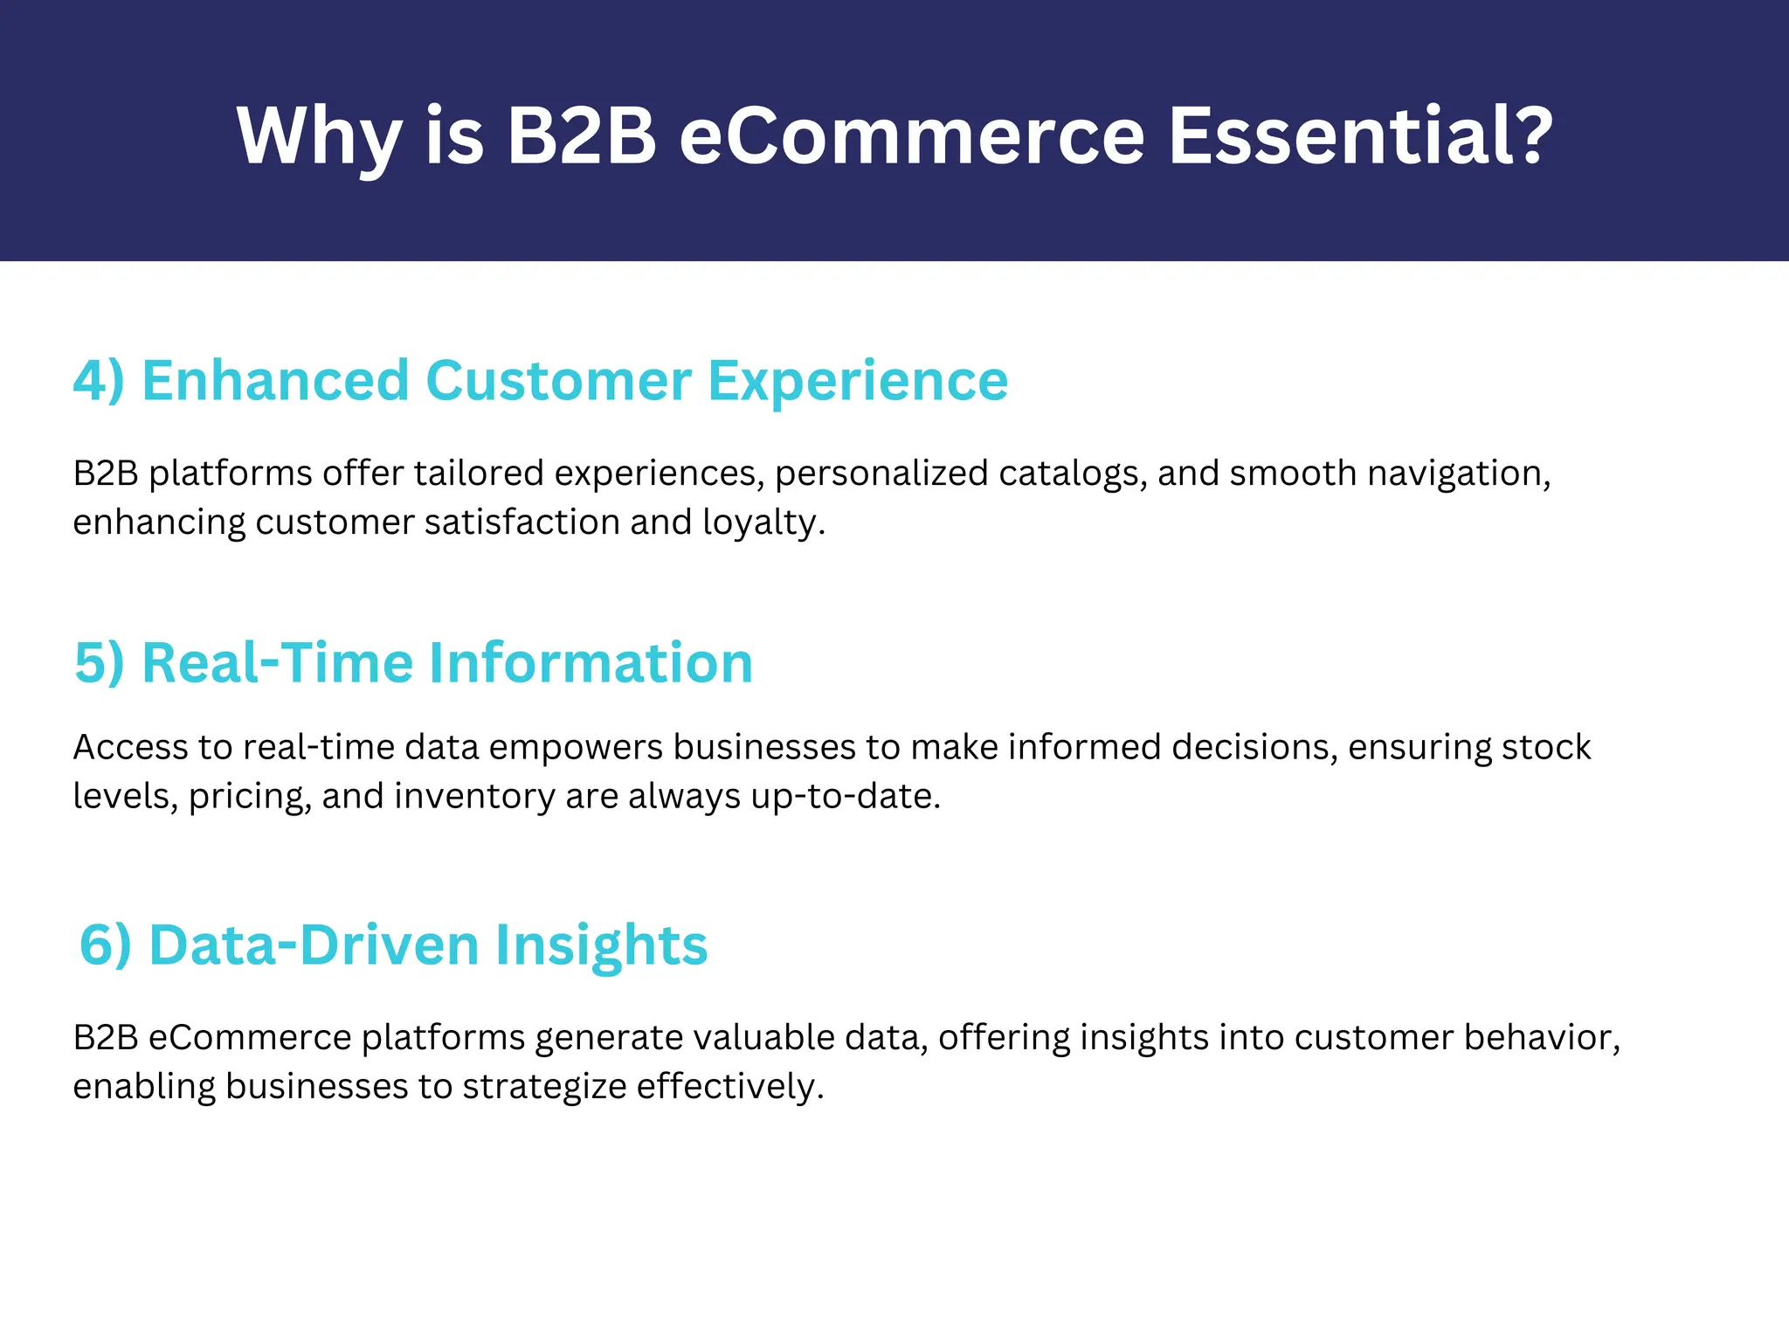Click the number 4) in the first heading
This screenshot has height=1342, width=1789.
tap(99, 381)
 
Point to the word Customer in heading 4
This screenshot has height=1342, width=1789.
tap(558, 381)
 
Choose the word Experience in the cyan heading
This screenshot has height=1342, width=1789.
tap(858, 381)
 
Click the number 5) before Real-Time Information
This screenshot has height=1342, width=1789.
tap(100, 663)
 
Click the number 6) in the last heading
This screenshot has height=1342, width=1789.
tap(106, 945)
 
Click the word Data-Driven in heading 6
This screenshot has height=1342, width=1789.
tap(314, 945)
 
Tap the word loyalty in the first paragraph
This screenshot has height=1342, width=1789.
tap(760, 522)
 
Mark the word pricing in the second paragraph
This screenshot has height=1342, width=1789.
tap(249, 797)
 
